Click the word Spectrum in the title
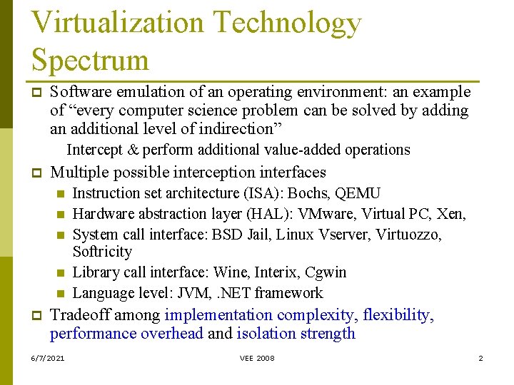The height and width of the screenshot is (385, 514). coord(90,60)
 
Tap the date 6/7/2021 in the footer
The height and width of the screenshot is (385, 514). coord(48,358)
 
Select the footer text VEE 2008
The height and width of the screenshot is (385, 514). coord(257,358)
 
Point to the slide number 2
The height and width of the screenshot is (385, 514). coord(480,358)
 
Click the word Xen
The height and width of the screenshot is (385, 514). coord(452,214)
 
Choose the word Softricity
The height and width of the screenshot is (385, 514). coord(102,252)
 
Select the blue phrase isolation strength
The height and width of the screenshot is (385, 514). coord(296,334)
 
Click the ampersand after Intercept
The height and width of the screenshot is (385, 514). coord(132,150)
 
